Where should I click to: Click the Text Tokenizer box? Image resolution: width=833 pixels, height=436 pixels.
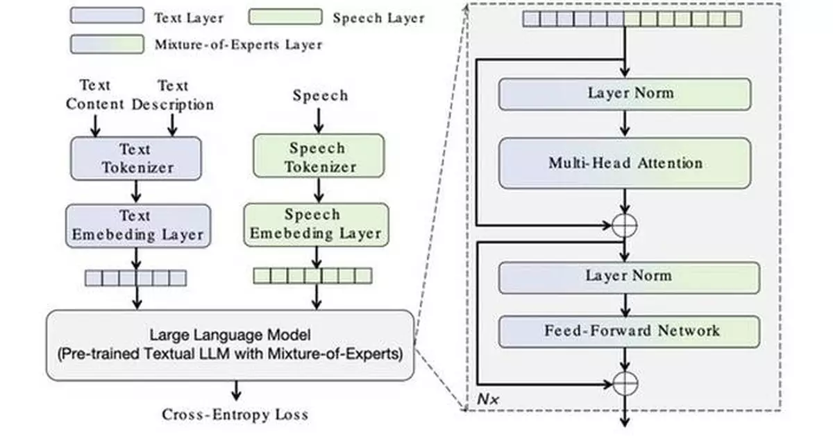(x=136, y=158)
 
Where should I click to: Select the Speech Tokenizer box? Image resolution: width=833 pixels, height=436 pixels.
(x=317, y=157)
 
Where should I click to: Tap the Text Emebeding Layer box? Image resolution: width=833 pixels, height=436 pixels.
(x=137, y=225)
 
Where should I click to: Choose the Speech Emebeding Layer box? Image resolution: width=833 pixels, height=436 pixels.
(x=316, y=225)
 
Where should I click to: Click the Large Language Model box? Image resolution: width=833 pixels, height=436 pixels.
(x=230, y=345)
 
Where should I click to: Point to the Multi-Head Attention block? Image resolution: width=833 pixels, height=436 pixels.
(x=625, y=164)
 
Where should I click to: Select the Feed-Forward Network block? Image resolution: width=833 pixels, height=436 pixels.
(x=629, y=331)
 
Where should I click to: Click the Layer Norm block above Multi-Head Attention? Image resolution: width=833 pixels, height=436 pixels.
(x=625, y=93)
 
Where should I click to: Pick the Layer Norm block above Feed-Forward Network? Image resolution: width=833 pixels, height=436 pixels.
(x=629, y=276)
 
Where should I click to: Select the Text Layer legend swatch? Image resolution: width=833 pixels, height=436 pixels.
(x=107, y=16)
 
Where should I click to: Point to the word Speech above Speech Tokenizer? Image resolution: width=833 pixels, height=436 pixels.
(x=320, y=96)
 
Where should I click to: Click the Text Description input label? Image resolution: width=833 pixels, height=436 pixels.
(x=173, y=96)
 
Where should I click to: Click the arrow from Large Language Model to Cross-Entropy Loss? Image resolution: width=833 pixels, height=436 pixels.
(x=236, y=391)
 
